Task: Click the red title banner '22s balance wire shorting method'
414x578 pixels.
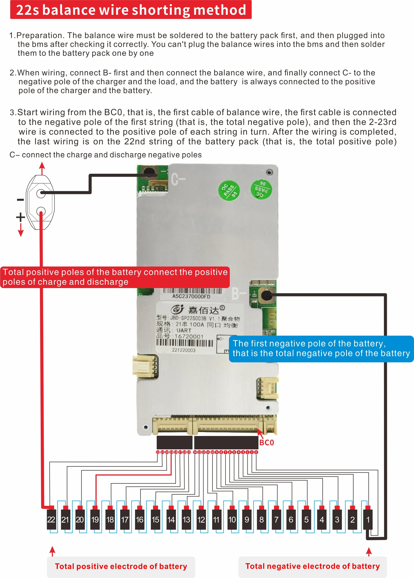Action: (x=131, y=10)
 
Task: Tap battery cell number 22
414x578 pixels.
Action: (x=51, y=519)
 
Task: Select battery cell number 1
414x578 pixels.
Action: (x=368, y=519)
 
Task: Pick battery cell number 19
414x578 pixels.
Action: (x=95, y=519)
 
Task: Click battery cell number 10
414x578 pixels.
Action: (x=232, y=519)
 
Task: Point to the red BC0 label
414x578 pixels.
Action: (x=266, y=443)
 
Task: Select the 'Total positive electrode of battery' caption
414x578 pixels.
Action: (x=121, y=566)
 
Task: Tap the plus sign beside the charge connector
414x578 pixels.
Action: (x=20, y=217)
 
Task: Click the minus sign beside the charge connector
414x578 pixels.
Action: (x=20, y=200)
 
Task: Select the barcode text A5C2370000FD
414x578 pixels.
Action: (x=191, y=296)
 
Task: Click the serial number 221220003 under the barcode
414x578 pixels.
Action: (x=184, y=350)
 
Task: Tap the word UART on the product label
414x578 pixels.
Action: (x=184, y=330)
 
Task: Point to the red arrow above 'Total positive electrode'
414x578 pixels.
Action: (x=52, y=551)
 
